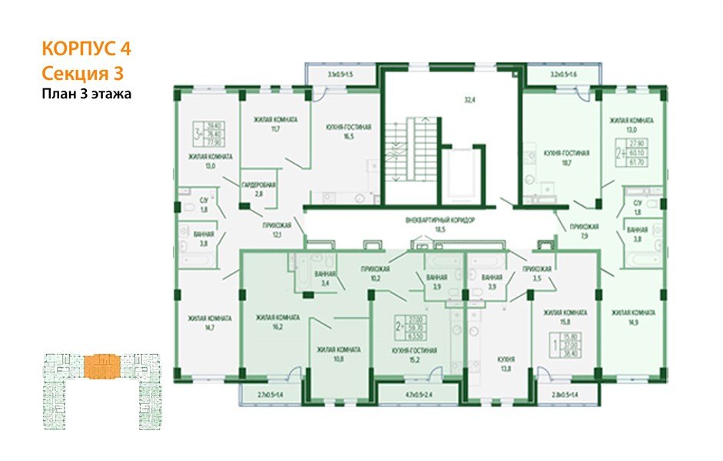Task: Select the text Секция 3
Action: click(81, 74)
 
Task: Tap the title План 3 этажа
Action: click(87, 95)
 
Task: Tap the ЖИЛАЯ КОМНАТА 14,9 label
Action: click(633, 317)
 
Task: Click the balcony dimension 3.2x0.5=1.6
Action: click(564, 75)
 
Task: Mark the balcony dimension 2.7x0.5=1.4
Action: click(270, 396)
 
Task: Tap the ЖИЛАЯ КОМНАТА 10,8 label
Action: click(339, 353)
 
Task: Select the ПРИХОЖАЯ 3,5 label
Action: click(537, 274)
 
